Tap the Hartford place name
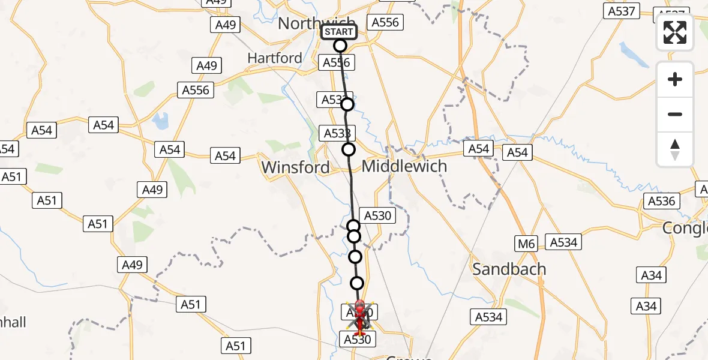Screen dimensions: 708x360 pyautogui.click(x=275, y=58)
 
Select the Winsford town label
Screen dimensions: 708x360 pyautogui.click(x=296, y=167)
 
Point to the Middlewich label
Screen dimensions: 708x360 pyautogui.click(x=405, y=166)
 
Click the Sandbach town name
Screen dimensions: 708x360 pyautogui.click(x=509, y=269)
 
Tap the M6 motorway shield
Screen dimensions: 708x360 pyautogui.click(x=526, y=243)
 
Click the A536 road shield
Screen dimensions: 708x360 pyautogui.click(x=662, y=201)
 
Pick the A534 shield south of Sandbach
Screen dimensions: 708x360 pyautogui.click(x=488, y=316)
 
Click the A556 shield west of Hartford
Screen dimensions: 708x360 pyautogui.click(x=196, y=90)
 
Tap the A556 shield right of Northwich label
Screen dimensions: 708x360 pyautogui.click(x=385, y=22)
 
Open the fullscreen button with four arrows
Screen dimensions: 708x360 pyautogui.click(x=675, y=32)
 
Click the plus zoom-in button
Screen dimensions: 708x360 pyautogui.click(x=675, y=79)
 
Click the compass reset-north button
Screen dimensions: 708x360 pyautogui.click(x=675, y=149)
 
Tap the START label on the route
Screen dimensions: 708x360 pyautogui.click(x=340, y=32)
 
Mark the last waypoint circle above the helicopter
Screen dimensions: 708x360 pyautogui.click(x=357, y=283)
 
